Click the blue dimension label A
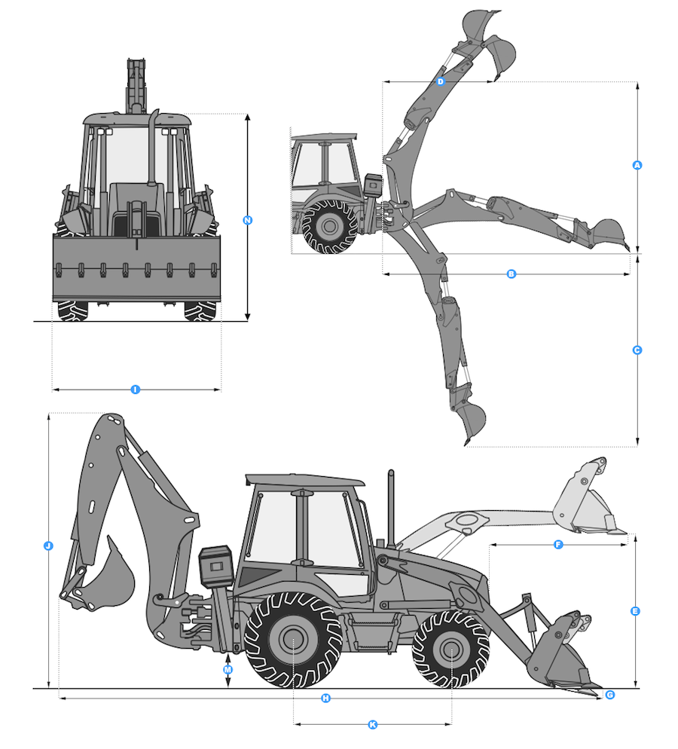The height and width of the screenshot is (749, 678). [637, 165]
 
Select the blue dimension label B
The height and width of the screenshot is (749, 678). [512, 274]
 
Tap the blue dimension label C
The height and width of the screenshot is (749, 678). [637, 350]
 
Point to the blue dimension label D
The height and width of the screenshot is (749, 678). [441, 81]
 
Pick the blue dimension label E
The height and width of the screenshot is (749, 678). [635, 611]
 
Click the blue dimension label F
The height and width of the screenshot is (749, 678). [558, 545]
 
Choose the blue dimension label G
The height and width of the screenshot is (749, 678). [609, 695]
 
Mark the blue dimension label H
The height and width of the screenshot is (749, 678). [325, 699]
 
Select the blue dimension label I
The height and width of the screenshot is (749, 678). [135, 390]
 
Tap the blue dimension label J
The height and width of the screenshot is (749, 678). [48, 546]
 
